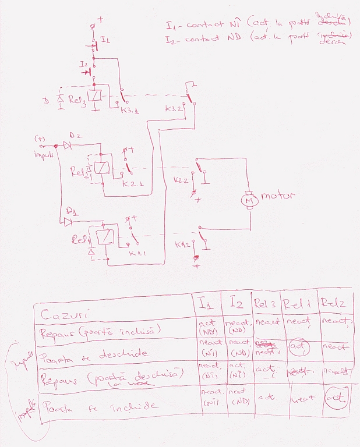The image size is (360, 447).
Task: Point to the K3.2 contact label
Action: click(x=174, y=109)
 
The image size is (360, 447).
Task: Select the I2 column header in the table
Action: click(x=236, y=302)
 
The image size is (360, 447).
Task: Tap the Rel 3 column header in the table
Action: click(x=265, y=303)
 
